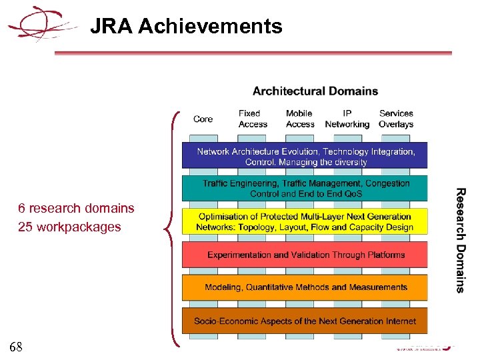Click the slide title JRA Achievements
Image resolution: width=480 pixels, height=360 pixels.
[186, 27]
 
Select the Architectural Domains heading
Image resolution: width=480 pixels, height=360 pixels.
[315, 91]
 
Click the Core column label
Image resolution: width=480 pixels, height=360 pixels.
[203, 119]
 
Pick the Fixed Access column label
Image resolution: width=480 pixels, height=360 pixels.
[253, 119]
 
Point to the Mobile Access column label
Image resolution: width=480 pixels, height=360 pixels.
[299, 119]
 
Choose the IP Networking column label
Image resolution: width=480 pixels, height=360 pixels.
[347, 119]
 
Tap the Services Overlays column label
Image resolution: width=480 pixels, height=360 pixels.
[396, 119]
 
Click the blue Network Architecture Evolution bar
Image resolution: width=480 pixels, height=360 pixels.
[305, 156]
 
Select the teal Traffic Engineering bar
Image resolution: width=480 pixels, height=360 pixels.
[305, 188]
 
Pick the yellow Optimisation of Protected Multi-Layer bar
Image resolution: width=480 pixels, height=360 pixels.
[305, 222]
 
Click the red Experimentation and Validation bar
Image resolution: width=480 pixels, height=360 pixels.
[305, 255]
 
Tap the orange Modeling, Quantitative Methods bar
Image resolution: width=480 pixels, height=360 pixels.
[305, 287]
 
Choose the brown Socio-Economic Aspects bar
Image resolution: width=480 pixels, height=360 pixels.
[305, 321]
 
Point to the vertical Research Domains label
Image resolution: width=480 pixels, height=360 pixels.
[460, 240]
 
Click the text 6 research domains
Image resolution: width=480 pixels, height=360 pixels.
[76, 208]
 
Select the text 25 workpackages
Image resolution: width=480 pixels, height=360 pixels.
[69, 227]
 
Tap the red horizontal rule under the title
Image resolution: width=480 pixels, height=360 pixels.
[253, 53]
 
